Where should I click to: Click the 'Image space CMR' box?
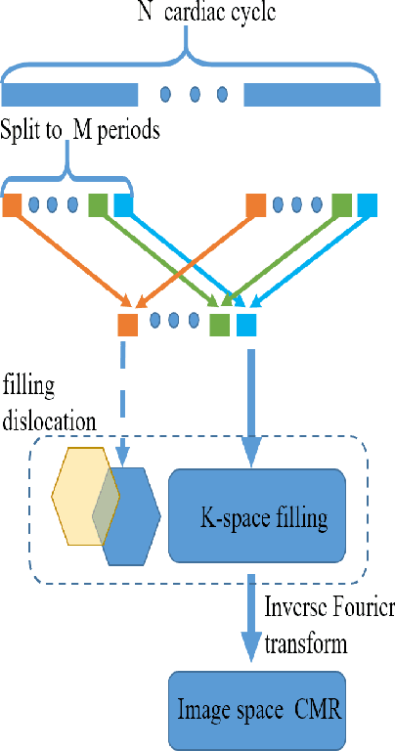[258, 708]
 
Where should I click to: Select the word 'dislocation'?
[49, 422]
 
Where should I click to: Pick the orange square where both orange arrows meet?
[127, 324]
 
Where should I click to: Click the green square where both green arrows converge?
[219, 324]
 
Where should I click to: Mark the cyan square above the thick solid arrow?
[244, 324]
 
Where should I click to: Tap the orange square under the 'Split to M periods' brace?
[13, 205]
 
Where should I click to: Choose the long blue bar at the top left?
[70, 95]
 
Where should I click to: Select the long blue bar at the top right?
[311, 95]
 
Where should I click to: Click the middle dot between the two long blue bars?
[195, 95]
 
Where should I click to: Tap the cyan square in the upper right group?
[367, 205]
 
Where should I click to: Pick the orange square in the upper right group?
[255, 205]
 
